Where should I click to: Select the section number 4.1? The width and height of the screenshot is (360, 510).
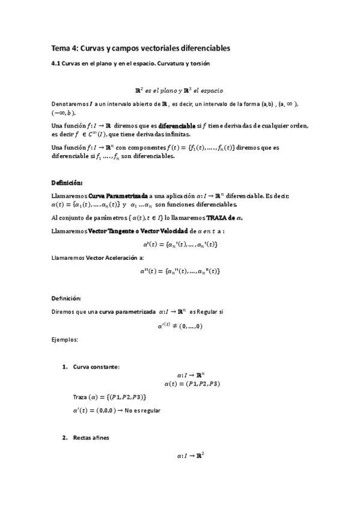click(55, 63)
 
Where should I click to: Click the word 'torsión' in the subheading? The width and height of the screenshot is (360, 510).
click(198, 63)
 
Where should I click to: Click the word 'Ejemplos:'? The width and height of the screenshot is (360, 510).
click(64, 340)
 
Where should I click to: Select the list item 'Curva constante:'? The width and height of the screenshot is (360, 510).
click(96, 366)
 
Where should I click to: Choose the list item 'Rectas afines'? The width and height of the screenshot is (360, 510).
click(91, 438)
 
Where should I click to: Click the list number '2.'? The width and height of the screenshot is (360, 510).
click(66, 438)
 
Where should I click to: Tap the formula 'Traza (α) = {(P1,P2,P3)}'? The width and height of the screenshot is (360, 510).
click(109, 398)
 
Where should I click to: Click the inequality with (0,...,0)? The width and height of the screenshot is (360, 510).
click(180, 326)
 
